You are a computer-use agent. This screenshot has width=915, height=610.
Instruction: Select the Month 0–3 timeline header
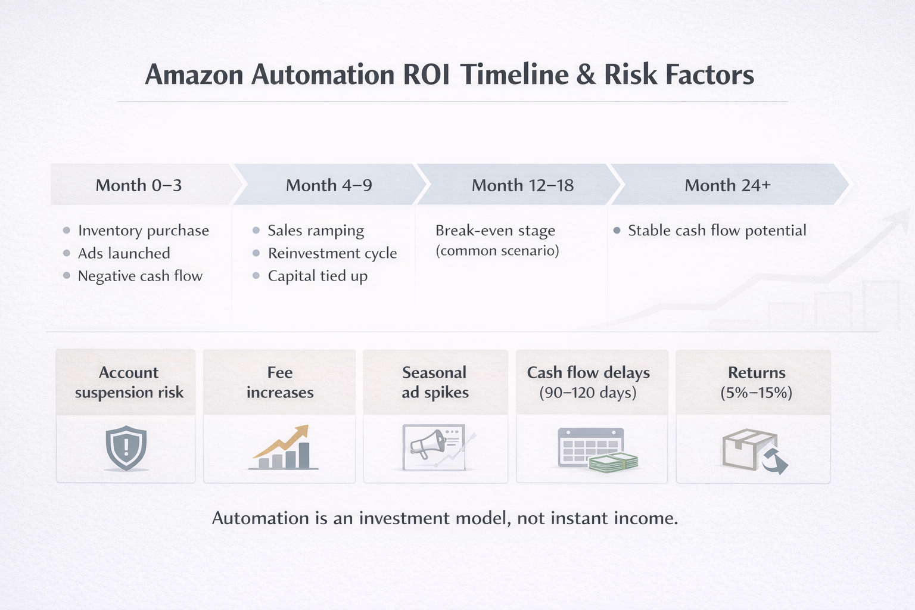pos(139,185)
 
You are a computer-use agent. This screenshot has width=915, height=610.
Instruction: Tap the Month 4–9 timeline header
pos(329,185)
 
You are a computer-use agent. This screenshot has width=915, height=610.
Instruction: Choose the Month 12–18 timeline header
pos(522,185)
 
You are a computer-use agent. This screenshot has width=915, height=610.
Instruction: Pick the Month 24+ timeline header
pos(727,185)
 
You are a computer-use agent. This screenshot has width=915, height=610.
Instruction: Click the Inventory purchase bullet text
pos(144,231)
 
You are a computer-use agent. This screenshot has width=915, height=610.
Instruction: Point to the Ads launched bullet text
pos(124,253)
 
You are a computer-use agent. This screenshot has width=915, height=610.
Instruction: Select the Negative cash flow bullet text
pos(140,276)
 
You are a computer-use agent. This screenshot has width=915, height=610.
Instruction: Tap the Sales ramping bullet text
pos(316,231)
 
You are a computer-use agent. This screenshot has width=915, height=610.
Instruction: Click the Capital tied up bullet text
pos(318,276)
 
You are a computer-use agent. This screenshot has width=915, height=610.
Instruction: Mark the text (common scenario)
pos(497,251)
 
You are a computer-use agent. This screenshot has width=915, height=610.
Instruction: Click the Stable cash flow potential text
pos(717,231)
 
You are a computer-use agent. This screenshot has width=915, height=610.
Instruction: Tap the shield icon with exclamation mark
pos(126,448)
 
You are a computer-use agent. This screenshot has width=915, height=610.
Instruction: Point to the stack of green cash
pos(614,462)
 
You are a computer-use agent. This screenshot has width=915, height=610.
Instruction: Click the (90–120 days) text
pos(588,393)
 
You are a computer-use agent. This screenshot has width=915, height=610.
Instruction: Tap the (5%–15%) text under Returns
pos(757,393)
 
